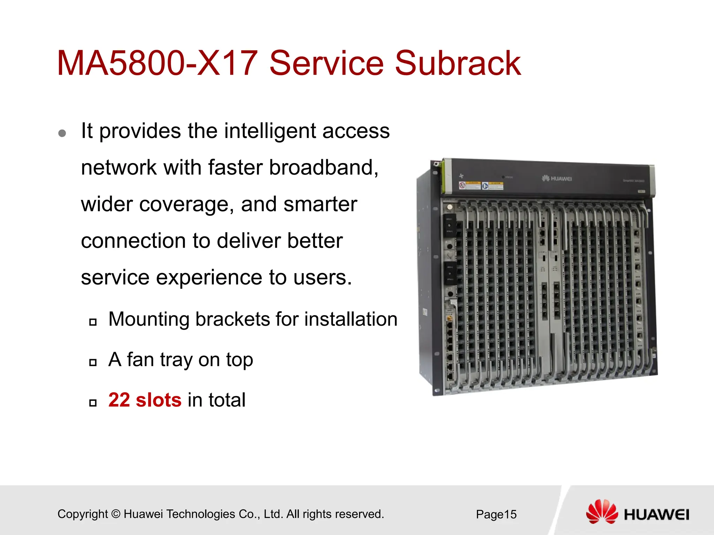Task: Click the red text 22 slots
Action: (145, 400)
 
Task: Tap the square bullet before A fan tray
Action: (93, 363)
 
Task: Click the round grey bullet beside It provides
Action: (62, 133)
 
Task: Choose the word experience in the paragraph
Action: (209, 278)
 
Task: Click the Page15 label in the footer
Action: (496, 514)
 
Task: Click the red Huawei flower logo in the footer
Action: (602, 511)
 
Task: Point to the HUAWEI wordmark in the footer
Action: (656, 515)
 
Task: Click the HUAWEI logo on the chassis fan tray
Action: (557, 179)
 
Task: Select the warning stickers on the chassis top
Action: (481, 185)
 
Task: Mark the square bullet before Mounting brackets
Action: (93, 322)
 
